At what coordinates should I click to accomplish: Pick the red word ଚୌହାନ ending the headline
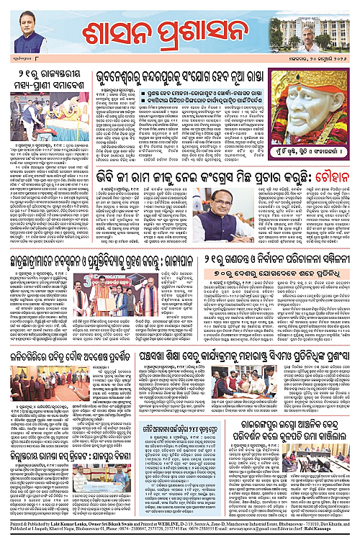click(332, 174)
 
